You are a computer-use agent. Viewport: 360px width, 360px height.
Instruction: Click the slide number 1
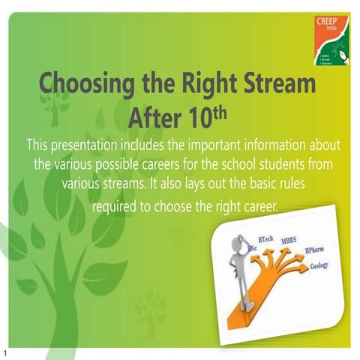pos(4,352)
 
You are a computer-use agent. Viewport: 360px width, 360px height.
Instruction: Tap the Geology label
pos(319,266)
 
